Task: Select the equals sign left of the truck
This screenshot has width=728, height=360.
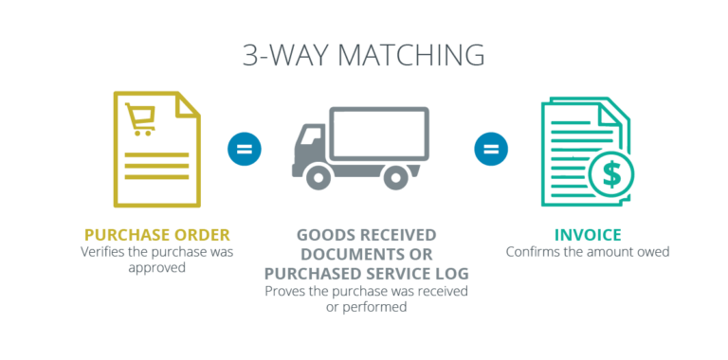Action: [x=244, y=149]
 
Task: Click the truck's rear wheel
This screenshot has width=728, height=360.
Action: [x=395, y=176]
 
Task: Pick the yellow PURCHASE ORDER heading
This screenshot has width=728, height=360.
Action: [x=157, y=234]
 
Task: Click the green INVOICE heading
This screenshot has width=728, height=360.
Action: [x=588, y=234]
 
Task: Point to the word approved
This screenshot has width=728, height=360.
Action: [x=157, y=267]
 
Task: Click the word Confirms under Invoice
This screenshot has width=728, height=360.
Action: [x=533, y=252]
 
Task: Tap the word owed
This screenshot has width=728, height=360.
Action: [x=653, y=252]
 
